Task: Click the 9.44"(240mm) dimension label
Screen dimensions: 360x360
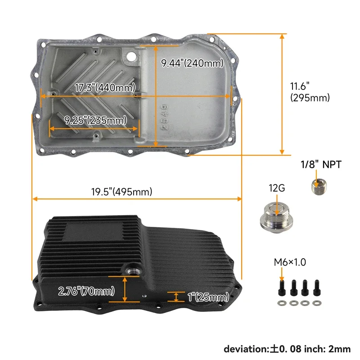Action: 192,63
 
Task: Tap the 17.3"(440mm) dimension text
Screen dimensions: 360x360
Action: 105,87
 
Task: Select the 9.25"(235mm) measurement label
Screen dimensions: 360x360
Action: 95,120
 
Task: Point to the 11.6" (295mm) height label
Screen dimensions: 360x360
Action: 310,92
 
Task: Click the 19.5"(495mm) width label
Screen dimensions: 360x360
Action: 121,192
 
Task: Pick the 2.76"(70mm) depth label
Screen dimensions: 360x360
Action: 86,291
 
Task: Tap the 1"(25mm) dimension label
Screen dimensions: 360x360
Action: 208,297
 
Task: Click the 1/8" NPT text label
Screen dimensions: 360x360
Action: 321,165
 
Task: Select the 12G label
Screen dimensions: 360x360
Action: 277,188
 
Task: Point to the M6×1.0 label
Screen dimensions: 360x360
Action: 290,262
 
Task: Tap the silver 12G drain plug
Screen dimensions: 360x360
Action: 276,218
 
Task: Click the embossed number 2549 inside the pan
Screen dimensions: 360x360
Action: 165,117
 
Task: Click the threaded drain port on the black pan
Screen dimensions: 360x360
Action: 132,271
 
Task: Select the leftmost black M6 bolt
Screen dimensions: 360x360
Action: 282,288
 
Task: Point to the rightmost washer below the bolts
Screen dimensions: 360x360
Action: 317,303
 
